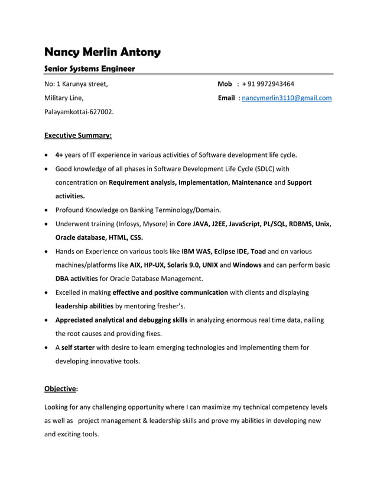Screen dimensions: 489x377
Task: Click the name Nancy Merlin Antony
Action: click(103, 52)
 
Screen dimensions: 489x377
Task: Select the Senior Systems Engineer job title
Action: click(90, 69)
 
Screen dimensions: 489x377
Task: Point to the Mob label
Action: click(225, 84)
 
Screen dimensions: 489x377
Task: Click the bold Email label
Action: click(226, 98)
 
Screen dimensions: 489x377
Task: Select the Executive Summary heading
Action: click(78, 135)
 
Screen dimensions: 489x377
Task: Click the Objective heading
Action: click(61, 389)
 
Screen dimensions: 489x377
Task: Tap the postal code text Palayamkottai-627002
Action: click(79, 111)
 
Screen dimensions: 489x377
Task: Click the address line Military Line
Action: click(64, 98)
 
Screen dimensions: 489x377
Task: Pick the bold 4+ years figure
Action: click(59, 155)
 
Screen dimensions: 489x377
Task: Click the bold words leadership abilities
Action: click(84, 306)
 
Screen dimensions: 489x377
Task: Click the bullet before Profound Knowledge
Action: click(47, 210)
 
